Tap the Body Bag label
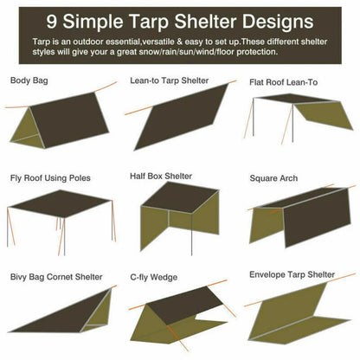point(30,80)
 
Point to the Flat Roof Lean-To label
point(285,83)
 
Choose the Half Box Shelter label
point(161,177)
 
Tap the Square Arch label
point(274,177)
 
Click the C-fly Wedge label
point(154,277)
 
